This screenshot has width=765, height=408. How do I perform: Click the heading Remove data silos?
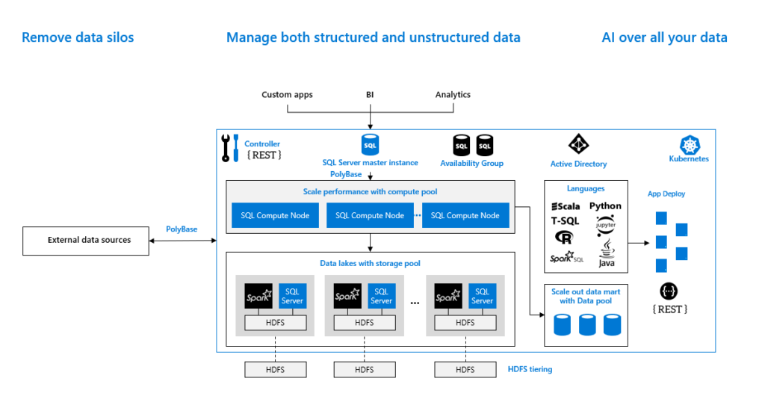point(78,37)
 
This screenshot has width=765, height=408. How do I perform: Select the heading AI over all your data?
point(664,37)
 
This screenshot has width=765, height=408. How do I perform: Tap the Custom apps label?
point(287,95)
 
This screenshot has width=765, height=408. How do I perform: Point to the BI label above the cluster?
point(370,95)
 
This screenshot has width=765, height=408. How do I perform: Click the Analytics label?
point(453,95)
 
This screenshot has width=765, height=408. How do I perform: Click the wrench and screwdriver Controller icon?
point(230,147)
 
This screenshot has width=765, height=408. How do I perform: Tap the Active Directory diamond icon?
point(578,144)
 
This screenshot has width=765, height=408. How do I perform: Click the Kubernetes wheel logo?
point(688,144)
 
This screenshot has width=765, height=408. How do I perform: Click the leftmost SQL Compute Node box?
point(275,215)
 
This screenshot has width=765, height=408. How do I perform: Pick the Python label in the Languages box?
point(605,205)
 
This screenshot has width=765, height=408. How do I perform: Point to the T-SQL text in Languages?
point(566,221)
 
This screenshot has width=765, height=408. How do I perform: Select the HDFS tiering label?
point(530,369)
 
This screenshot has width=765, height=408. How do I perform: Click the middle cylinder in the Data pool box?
point(587,324)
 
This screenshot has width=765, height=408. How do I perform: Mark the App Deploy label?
point(666,194)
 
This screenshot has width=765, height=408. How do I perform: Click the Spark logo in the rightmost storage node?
point(447,296)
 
